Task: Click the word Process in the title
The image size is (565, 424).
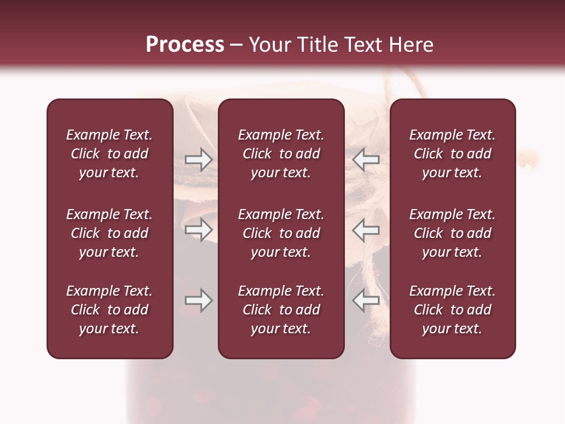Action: pos(185,45)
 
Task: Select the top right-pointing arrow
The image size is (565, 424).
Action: pos(198,160)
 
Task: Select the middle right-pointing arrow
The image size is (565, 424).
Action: pos(198,230)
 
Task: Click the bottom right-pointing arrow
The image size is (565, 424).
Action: pos(198,301)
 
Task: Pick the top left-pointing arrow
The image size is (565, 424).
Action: pos(365,160)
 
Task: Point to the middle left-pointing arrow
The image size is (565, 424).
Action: pos(365,230)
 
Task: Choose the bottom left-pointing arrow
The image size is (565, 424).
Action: pos(365,301)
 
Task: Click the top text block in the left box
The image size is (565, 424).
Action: pos(109,154)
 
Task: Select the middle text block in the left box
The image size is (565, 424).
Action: pos(109,233)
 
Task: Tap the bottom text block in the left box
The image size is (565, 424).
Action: pos(109,310)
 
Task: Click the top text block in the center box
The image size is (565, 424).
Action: pos(281,154)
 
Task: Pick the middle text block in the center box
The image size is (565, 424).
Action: pos(281,233)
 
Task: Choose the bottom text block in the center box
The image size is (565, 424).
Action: pos(281,310)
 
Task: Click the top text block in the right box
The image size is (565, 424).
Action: pos(452,154)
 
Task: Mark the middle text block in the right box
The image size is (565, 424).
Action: pos(452,233)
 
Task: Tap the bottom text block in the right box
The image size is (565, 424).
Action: pos(452,310)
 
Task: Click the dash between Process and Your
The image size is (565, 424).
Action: pos(236,45)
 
